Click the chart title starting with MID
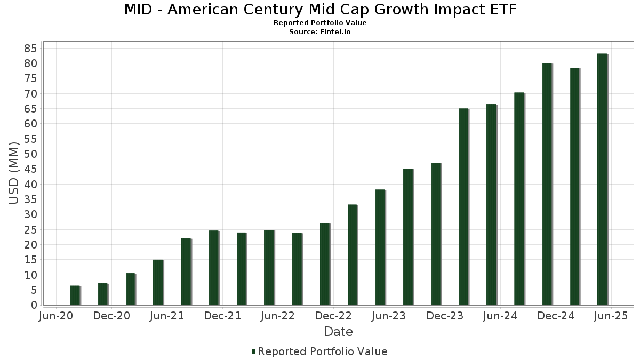(320, 10)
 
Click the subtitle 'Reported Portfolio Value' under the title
(320, 23)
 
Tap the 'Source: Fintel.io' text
(320, 32)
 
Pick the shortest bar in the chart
(75, 295)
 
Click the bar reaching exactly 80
(547, 184)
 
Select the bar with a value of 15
(158, 282)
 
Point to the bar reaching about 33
(353, 255)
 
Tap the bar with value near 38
(380, 247)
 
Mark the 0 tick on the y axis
(33, 305)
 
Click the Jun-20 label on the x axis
(56, 316)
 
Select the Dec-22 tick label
(333, 316)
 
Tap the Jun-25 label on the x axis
(611, 316)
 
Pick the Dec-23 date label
(444, 316)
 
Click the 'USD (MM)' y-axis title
(14, 173)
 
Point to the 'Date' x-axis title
(338, 332)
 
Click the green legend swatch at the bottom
(254, 351)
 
